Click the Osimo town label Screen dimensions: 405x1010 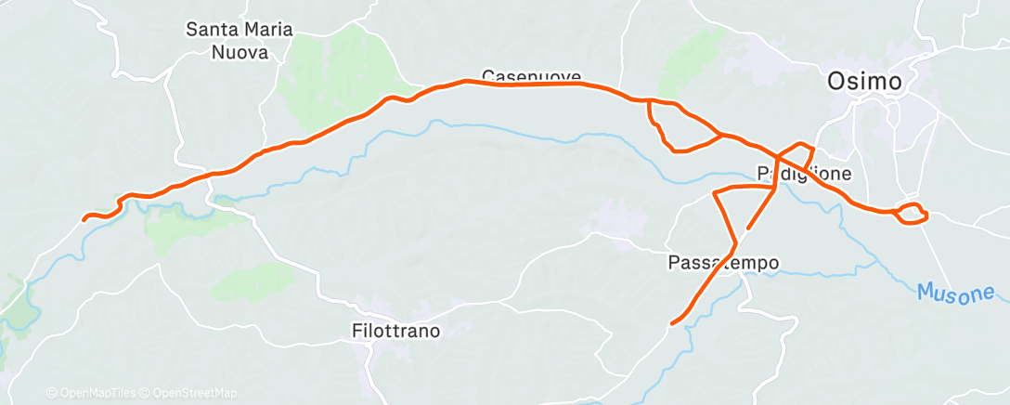(863, 82)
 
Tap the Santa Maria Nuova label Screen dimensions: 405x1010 (240, 41)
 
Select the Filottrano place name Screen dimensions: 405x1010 (395, 330)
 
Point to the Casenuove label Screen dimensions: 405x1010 (531, 76)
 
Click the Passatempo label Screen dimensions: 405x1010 (723, 263)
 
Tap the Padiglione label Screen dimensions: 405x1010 (803, 174)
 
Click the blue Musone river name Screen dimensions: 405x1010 (955, 293)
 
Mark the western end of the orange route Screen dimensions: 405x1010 (84, 219)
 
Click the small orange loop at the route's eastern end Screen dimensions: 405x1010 (913, 213)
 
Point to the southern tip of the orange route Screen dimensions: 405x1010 (671, 323)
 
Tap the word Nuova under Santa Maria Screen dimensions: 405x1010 (240, 52)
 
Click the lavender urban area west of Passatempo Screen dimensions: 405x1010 (615, 224)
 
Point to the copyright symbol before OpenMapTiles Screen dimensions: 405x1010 (51, 393)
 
